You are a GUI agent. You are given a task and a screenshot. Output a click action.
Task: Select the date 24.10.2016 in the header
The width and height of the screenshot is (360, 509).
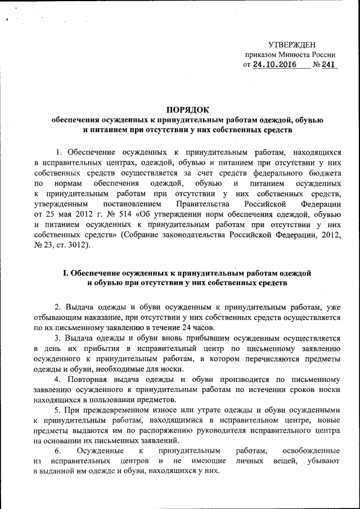pos(273,65)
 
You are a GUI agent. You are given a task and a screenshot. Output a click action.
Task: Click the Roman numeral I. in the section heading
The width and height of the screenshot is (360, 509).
pos(65,272)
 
